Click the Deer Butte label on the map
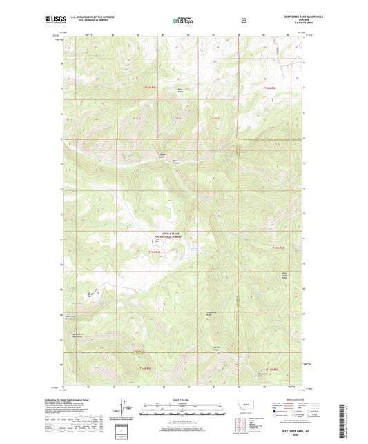pos(180,90)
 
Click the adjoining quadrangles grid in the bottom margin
pos(241,423)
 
